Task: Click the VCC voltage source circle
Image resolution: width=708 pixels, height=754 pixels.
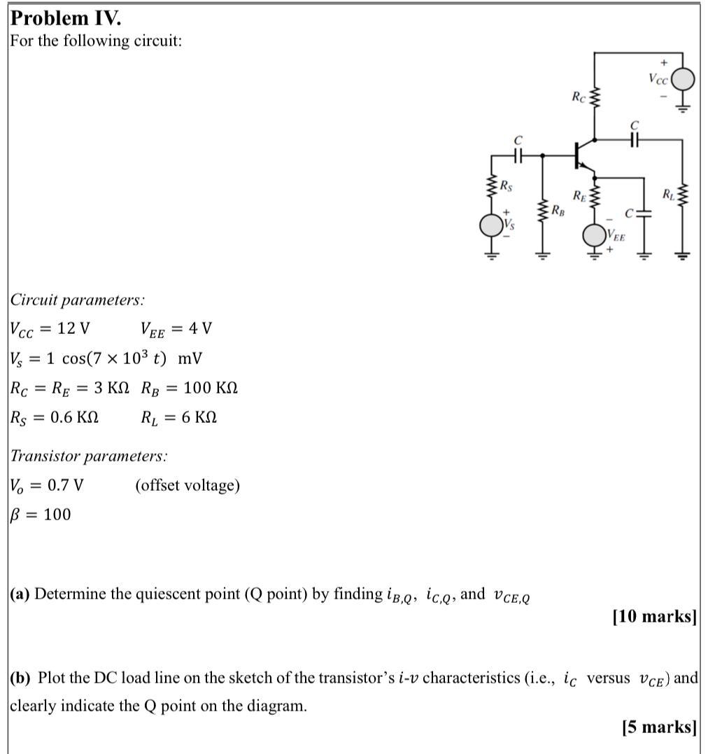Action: point(684,79)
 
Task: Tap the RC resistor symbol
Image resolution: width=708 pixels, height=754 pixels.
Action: point(595,99)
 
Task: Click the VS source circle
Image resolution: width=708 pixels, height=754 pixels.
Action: point(490,225)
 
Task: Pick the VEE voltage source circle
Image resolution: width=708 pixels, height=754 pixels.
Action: point(595,235)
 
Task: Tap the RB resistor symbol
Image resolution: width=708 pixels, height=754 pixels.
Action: point(541,209)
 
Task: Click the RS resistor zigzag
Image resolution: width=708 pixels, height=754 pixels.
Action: point(490,186)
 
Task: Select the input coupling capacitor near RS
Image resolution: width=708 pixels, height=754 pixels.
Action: point(518,157)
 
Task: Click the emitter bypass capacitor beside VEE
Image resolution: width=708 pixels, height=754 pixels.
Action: point(644,211)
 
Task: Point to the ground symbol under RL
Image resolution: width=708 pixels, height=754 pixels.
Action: point(684,255)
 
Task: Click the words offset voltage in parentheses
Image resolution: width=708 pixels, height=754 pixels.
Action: point(187,485)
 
